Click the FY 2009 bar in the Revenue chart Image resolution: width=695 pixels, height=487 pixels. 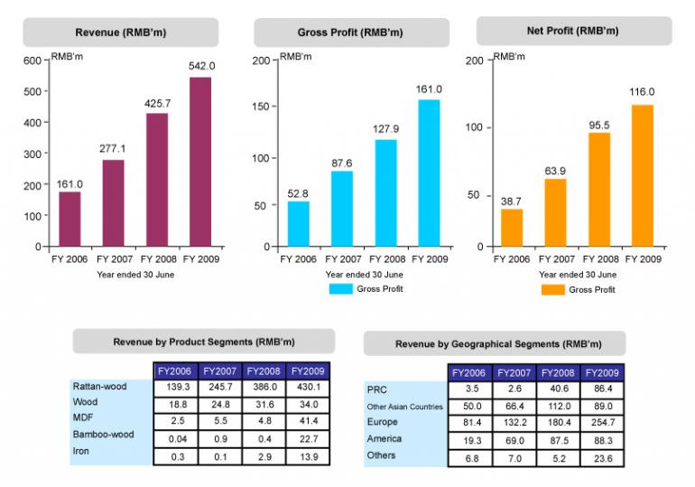coord(200,162)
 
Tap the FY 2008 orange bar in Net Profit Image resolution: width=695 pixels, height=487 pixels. coord(599,190)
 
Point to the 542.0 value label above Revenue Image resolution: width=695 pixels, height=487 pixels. coord(201,66)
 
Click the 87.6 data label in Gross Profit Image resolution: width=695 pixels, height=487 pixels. coord(341,163)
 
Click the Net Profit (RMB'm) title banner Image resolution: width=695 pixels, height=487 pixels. coord(573,31)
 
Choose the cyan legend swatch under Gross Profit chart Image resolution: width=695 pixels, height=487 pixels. coord(340,289)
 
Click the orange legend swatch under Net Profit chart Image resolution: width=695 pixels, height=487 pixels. coord(552,290)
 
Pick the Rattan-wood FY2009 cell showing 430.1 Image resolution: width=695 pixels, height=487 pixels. coord(309,388)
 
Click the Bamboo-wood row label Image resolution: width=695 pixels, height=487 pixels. coord(103,435)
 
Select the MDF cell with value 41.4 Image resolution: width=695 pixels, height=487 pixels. coord(309,419)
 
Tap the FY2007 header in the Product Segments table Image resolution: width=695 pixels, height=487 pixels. coord(220,371)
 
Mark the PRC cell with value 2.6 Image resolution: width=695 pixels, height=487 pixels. coord(514,390)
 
